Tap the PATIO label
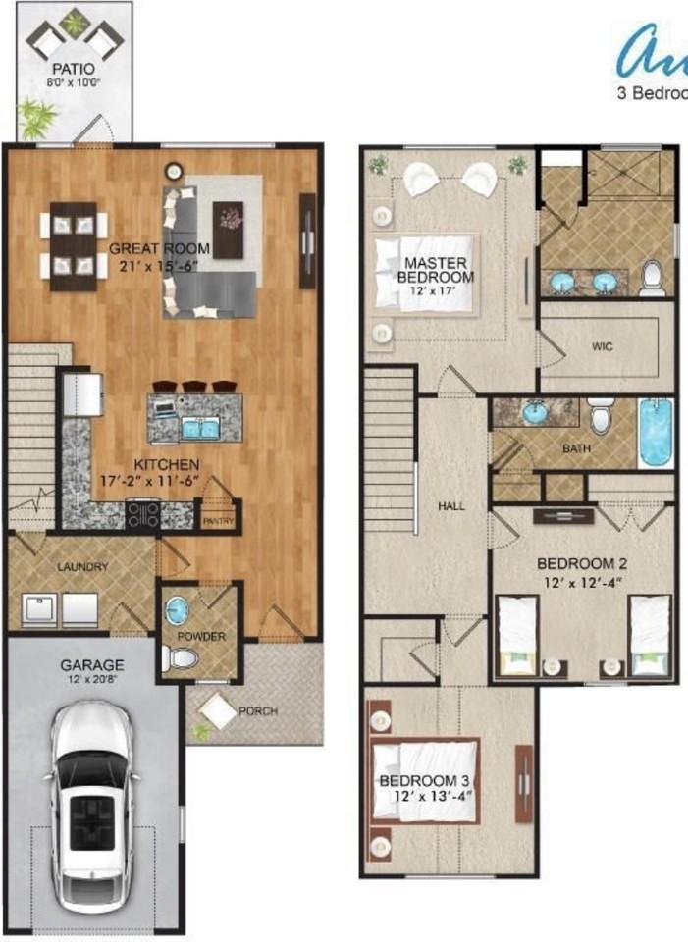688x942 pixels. (76, 70)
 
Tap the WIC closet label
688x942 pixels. (603, 347)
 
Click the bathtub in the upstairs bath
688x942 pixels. (657, 433)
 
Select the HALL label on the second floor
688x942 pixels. (451, 506)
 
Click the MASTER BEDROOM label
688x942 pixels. (435, 270)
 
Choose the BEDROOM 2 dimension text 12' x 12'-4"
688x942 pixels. (581, 582)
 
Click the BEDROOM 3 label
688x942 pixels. (425, 780)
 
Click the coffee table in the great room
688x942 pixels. (229, 228)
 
